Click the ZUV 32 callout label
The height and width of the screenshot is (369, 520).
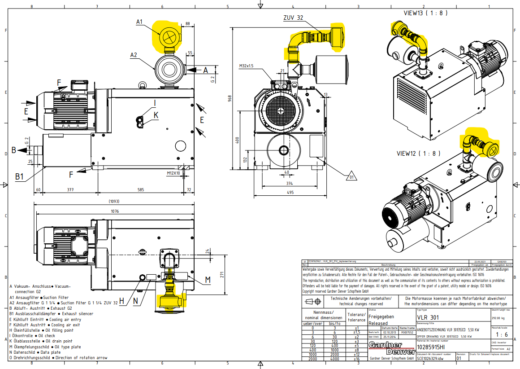[293, 18]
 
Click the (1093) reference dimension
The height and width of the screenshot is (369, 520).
[114, 202]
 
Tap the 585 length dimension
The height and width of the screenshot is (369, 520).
[141, 190]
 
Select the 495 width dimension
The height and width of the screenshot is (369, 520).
[290, 193]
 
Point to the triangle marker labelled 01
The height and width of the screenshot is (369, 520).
[351, 176]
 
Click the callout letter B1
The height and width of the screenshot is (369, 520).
[19, 177]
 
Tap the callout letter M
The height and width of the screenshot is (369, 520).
[208, 280]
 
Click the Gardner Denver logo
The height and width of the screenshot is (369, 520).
[386, 348]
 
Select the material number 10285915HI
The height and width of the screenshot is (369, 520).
[431, 347]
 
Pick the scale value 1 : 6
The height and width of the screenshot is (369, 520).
[500, 334]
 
